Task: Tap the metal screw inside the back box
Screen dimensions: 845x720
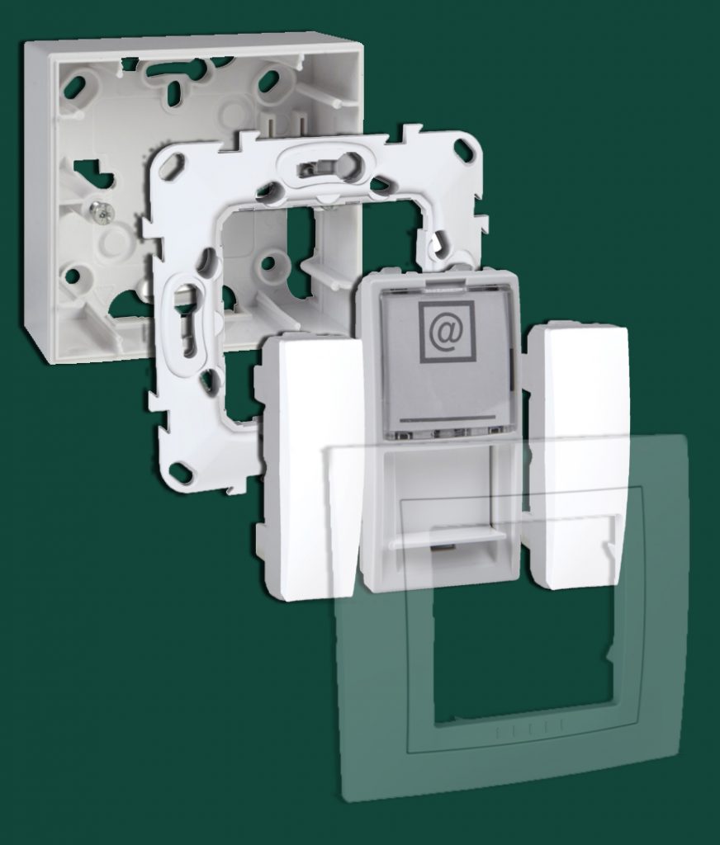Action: (103, 213)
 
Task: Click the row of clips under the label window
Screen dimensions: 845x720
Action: (446, 431)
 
